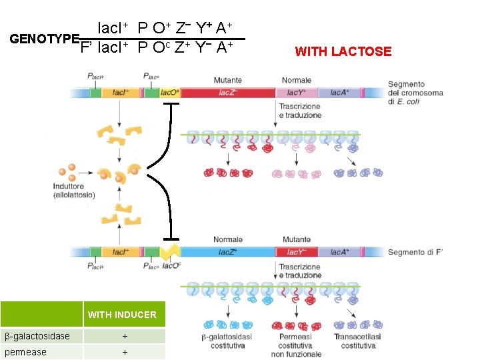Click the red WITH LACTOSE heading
tap(343, 51)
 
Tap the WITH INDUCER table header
tap(122, 315)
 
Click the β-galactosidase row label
tap(37, 336)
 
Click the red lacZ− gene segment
tap(227, 93)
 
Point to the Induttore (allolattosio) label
tap(74, 191)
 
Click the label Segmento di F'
tap(415, 252)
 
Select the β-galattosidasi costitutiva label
tap(227, 341)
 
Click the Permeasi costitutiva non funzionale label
tap(295, 345)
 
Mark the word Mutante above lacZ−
tap(227, 80)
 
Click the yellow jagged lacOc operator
tap(170, 253)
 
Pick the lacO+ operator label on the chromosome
tap(170, 93)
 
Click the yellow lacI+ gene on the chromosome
tap(121, 93)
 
